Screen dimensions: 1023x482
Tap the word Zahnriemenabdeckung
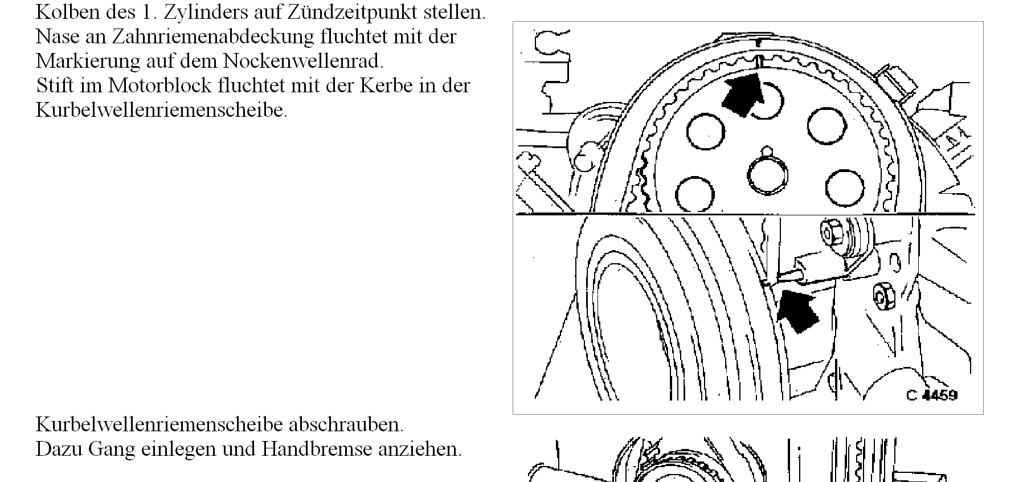212,36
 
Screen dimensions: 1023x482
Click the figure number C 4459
932,394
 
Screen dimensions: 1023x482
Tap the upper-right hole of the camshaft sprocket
826,125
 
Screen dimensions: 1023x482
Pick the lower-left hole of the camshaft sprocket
694,193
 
